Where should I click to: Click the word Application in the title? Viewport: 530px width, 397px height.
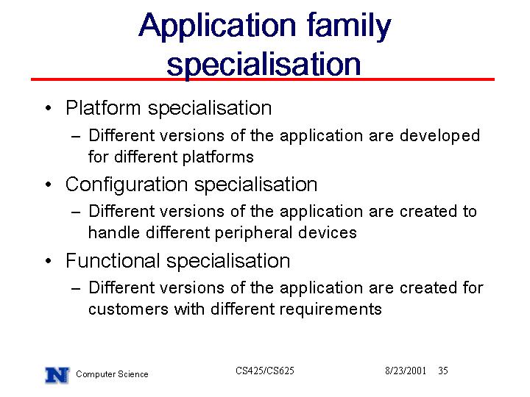tap(218, 26)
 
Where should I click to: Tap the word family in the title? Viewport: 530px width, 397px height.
tap(349, 26)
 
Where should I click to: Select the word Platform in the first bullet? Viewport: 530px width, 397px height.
tap(103, 108)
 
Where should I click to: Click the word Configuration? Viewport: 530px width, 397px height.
tap(127, 185)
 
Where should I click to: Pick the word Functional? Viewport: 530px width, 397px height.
tap(113, 261)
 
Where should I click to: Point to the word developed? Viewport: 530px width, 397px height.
tap(439, 136)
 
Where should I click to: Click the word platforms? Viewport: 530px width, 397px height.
tap(218, 157)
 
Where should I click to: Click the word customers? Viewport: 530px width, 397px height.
tap(128, 310)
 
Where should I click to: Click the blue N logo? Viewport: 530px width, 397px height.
tap(57, 376)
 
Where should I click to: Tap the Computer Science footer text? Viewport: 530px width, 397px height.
tap(112, 374)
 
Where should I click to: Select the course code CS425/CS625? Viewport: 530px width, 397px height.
tap(265, 371)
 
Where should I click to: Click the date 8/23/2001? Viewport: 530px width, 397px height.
tap(406, 371)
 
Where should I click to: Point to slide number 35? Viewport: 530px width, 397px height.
tap(443, 371)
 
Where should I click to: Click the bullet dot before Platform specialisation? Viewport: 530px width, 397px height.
tap(49, 108)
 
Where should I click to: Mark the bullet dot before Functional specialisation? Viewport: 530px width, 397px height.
tap(49, 261)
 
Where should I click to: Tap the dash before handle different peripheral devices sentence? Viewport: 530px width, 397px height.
tap(76, 212)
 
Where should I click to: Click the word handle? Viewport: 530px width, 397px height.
tap(114, 233)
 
